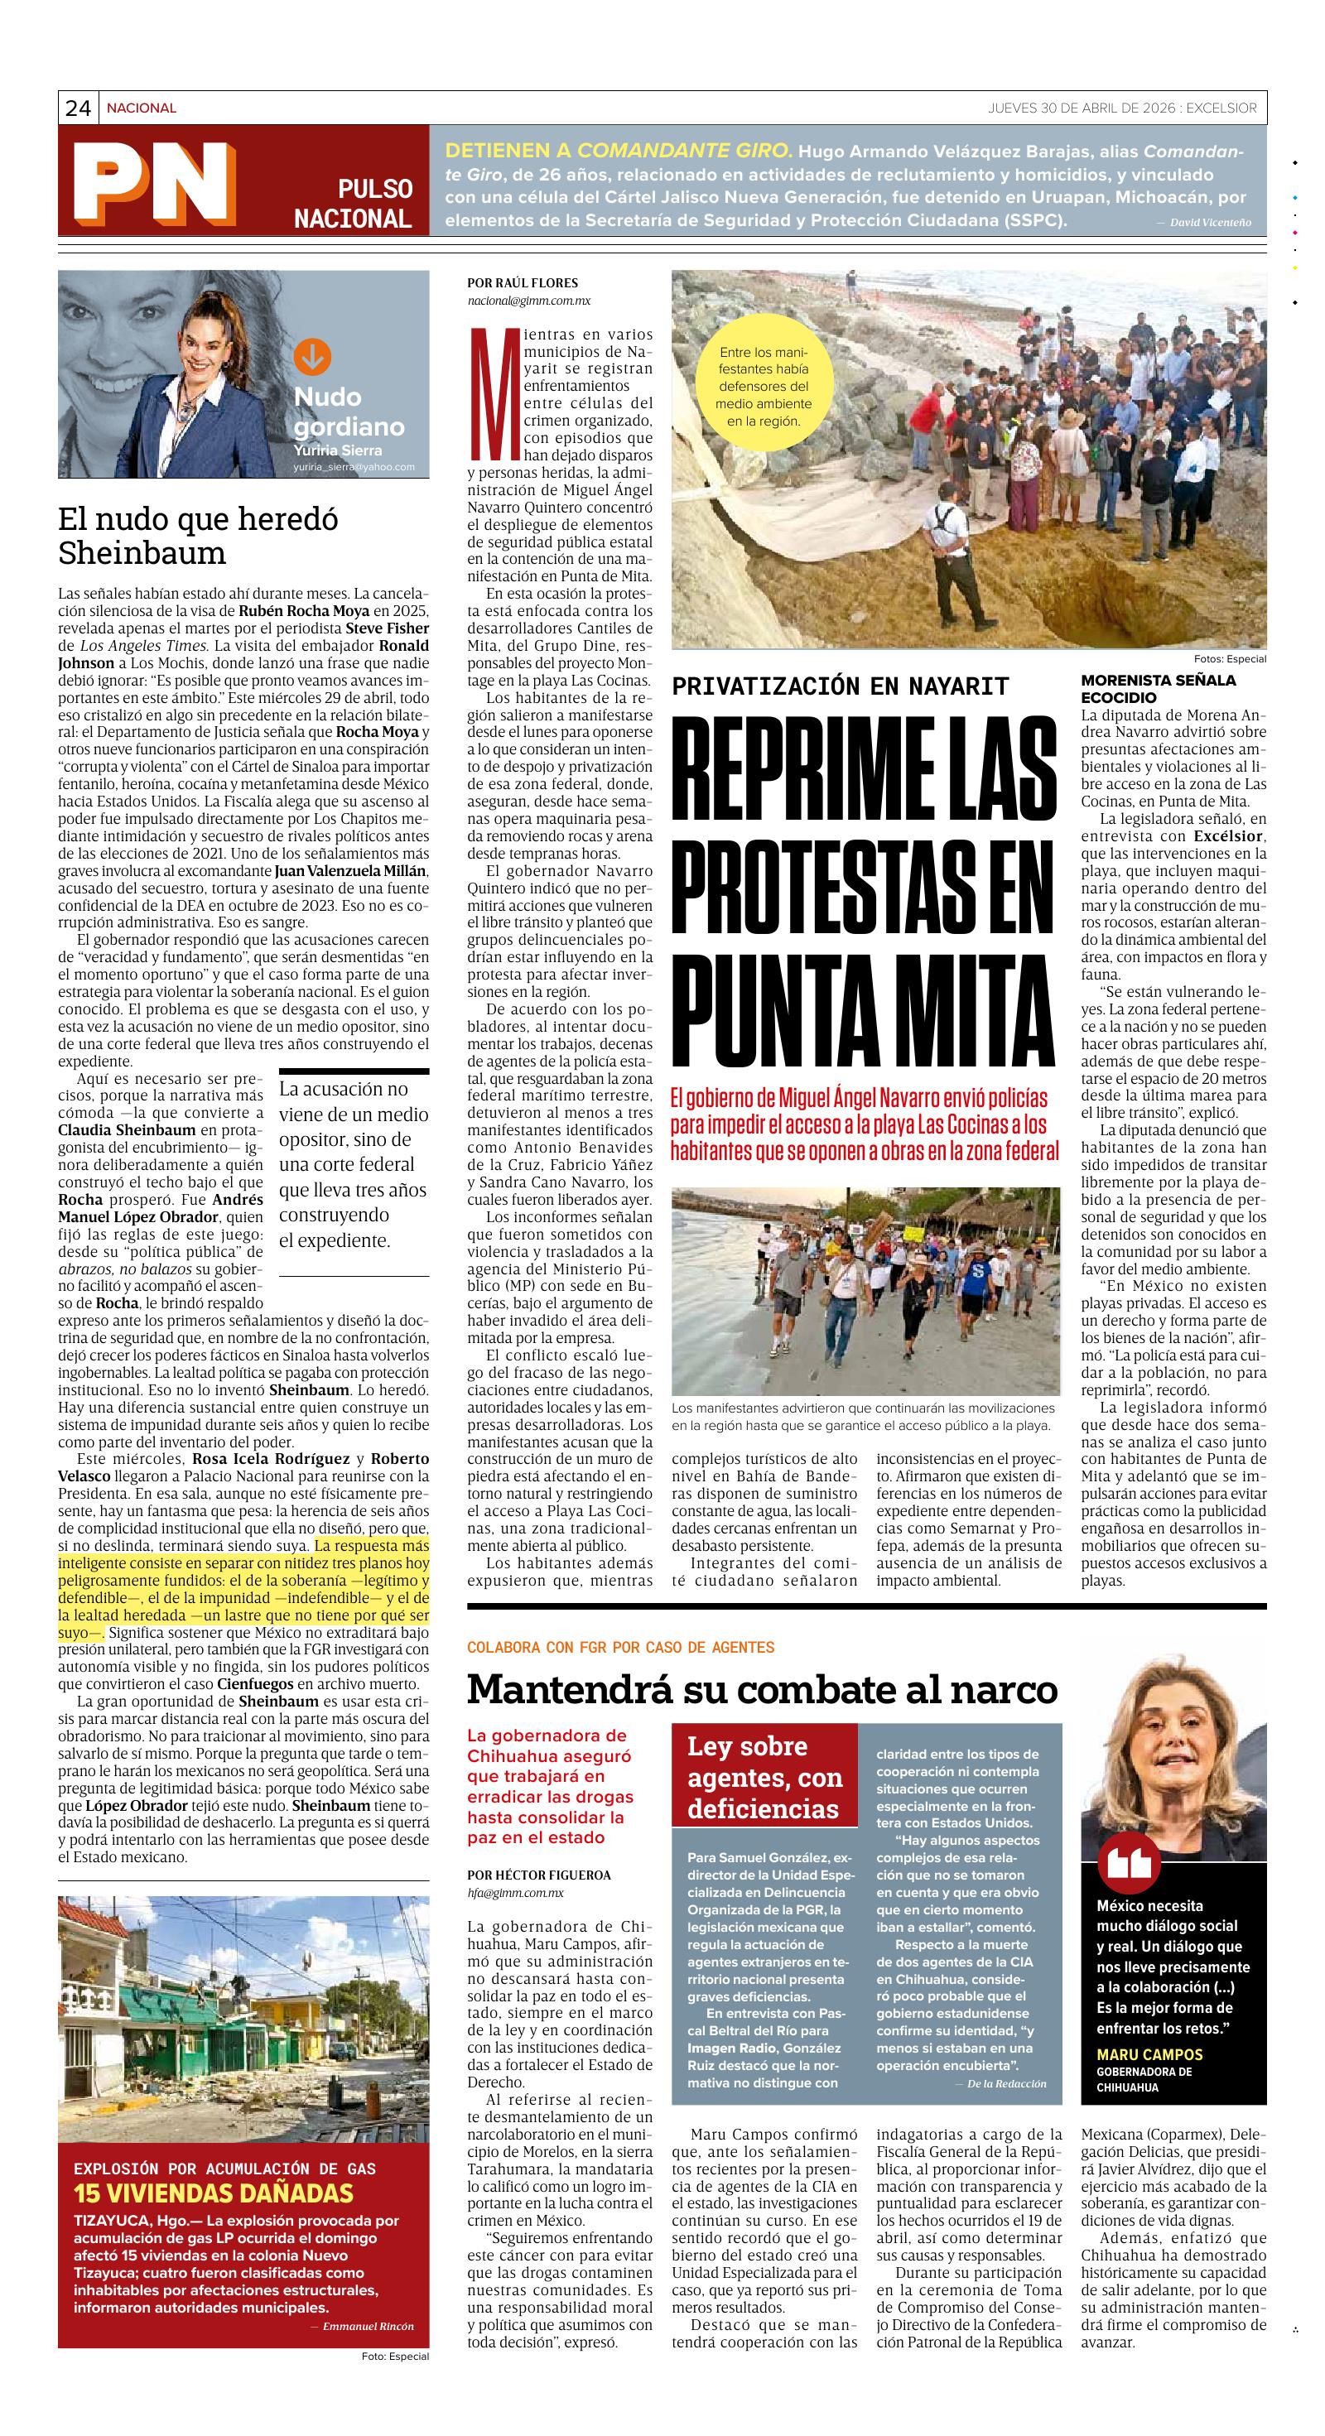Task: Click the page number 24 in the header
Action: click(x=78, y=108)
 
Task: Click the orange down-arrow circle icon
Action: click(x=312, y=357)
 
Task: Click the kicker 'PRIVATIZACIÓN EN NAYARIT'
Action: click(x=840, y=686)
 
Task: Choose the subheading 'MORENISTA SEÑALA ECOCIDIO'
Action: click(x=1158, y=687)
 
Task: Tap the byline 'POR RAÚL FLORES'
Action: click(x=522, y=282)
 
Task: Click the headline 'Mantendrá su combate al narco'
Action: click(x=761, y=1689)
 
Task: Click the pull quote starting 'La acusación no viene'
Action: click(x=354, y=1165)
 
